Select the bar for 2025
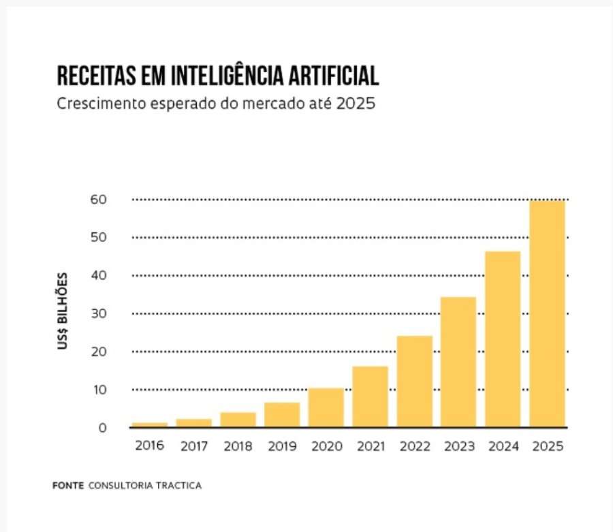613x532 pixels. [547, 313]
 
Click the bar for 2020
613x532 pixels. [326, 407]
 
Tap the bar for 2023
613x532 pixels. [458, 362]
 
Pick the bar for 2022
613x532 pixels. [414, 381]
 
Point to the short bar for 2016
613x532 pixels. [149, 424]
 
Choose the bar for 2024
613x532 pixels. [503, 339]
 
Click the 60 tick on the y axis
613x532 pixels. [99, 200]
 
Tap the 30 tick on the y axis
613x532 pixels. [99, 313]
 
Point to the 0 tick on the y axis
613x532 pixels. [102, 428]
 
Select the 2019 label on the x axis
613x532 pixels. [282, 447]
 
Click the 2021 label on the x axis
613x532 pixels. [370, 447]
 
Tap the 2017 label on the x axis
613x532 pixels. [193, 447]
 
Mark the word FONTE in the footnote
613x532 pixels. [67, 486]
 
